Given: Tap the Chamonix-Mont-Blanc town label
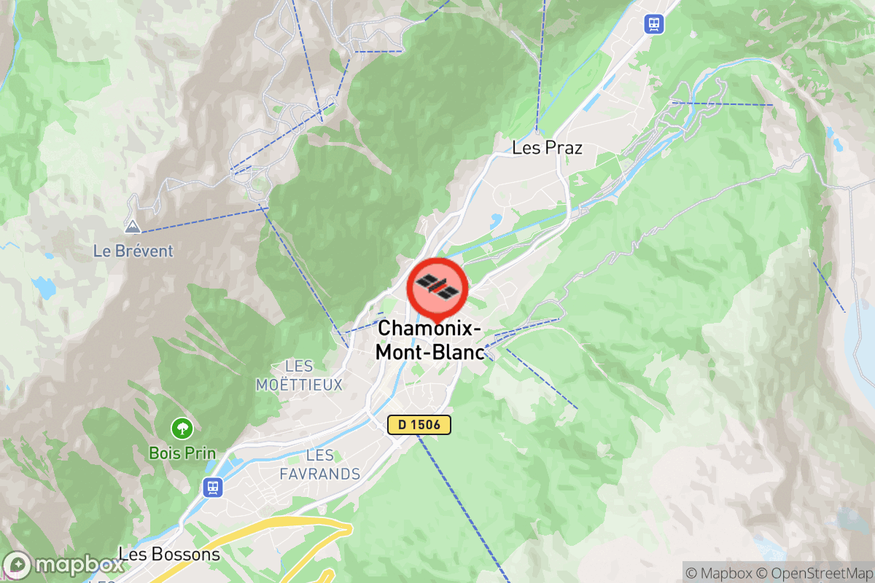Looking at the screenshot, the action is (430, 340).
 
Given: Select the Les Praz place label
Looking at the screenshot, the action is (547, 148).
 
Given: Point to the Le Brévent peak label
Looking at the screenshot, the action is (133, 251).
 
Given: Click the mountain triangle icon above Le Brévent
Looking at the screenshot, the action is (132, 227).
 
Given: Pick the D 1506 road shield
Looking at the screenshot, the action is (419, 425).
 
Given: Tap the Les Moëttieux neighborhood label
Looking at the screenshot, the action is (299, 375).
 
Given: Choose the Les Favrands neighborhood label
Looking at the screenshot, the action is (320, 465).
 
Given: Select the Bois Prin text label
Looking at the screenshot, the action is (182, 453).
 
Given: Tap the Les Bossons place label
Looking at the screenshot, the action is (169, 555).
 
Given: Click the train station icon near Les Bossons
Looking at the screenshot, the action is (212, 486).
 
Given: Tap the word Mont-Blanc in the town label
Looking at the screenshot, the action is (430, 353).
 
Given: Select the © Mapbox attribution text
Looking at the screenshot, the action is (718, 572).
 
